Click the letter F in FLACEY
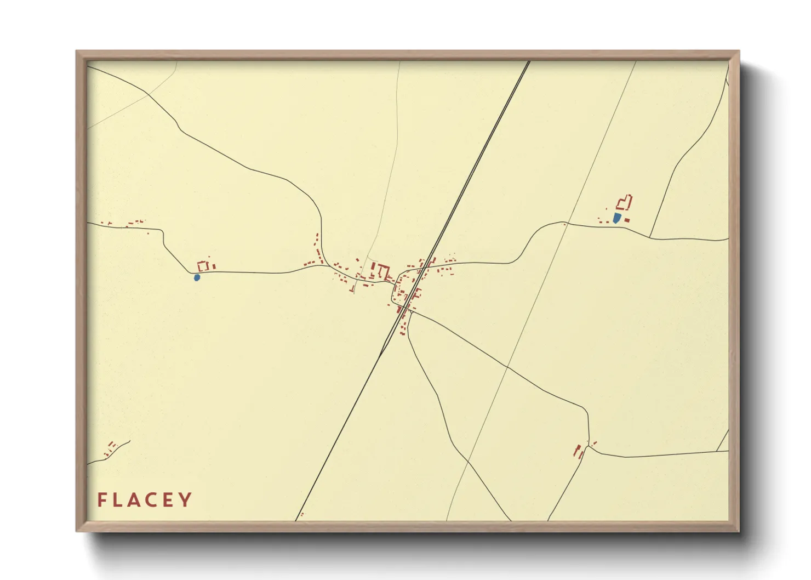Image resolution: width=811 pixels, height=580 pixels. click(102, 499)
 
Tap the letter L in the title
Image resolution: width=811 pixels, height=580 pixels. click(118, 499)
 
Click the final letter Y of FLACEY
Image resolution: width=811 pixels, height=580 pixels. click(186, 499)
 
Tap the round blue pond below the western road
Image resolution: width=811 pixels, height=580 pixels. click(197, 277)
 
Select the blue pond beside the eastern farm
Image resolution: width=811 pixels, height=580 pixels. click(617, 218)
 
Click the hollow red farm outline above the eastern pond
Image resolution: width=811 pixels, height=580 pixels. click(625, 203)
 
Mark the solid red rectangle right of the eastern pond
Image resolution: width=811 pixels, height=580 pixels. click(627, 220)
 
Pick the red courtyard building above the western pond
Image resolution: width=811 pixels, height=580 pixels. click(203, 266)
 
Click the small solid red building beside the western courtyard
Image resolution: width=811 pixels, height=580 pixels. click(214, 266)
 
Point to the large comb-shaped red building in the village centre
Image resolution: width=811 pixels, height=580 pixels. click(381, 271)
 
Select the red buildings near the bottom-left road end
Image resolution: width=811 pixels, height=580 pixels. click(111, 448)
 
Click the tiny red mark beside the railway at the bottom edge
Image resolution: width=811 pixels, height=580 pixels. click(302, 515)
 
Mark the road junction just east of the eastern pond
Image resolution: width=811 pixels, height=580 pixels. click(650, 237)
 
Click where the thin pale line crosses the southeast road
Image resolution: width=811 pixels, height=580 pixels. click(507, 366)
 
